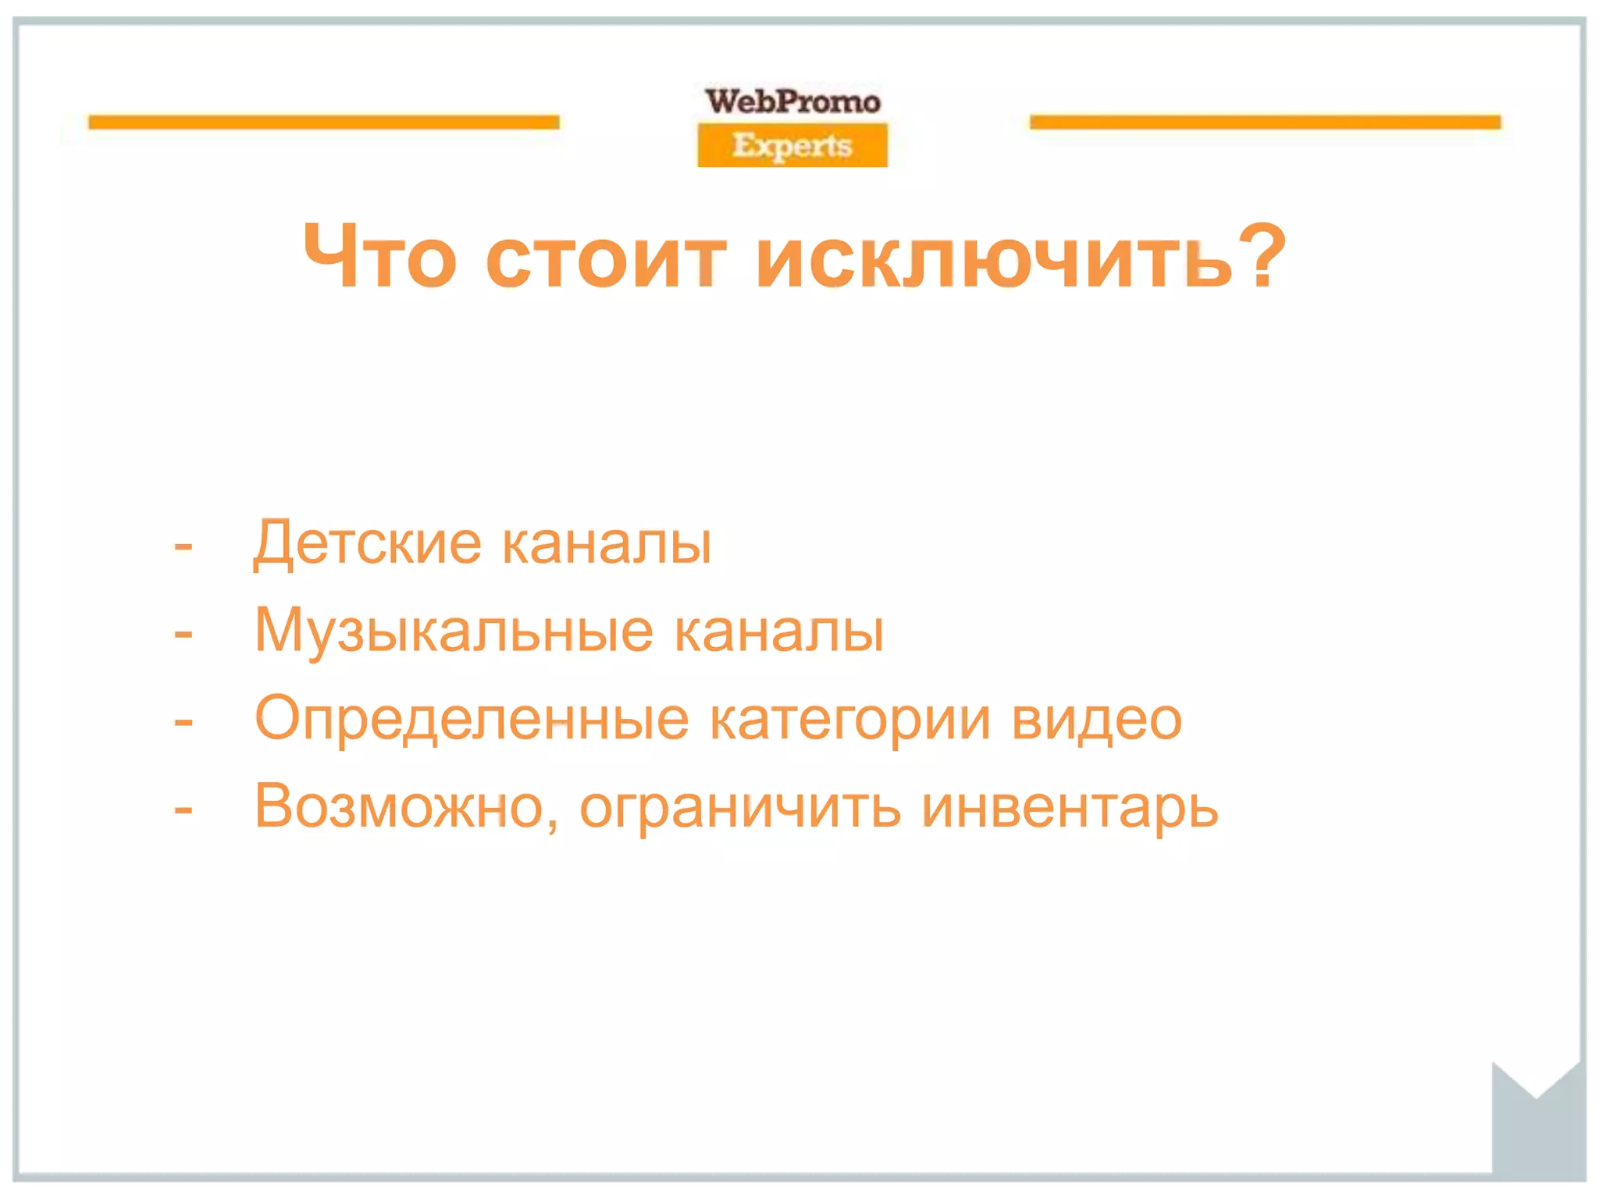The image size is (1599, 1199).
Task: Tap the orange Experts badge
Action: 792,145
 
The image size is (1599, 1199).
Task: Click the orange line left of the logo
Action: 324,122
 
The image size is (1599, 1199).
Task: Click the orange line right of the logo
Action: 1265,122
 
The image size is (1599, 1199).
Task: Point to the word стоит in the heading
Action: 606,258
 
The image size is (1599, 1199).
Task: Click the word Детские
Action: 368,543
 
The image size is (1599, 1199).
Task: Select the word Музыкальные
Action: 454,631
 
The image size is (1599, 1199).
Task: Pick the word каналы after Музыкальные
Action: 778,631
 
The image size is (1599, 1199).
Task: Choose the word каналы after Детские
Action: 607,543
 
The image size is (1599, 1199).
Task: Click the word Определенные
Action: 472,719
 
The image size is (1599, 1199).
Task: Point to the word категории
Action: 850,719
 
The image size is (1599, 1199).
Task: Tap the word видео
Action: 1096,719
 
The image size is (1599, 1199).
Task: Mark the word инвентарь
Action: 1070,807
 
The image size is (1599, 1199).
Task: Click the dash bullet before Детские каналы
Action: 183,545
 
